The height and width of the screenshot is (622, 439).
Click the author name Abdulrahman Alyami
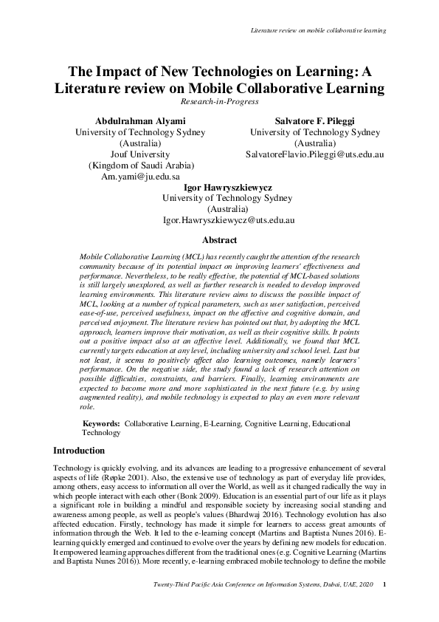pyautogui.click(x=140, y=120)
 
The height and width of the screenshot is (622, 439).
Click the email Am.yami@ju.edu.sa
pyautogui.click(x=140, y=177)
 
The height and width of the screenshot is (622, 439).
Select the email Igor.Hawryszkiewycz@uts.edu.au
pyautogui.click(x=229, y=220)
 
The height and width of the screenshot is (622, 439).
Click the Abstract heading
pyautogui.click(x=219, y=240)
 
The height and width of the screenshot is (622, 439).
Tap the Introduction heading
pyautogui.click(x=79, y=450)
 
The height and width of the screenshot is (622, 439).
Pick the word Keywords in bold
pyautogui.click(x=100, y=424)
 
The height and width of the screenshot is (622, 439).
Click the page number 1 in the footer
pyautogui.click(x=385, y=606)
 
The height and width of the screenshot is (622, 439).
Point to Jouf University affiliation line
pyautogui.click(x=140, y=154)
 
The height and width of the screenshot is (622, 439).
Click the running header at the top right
pyautogui.click(x=319, y=30)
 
